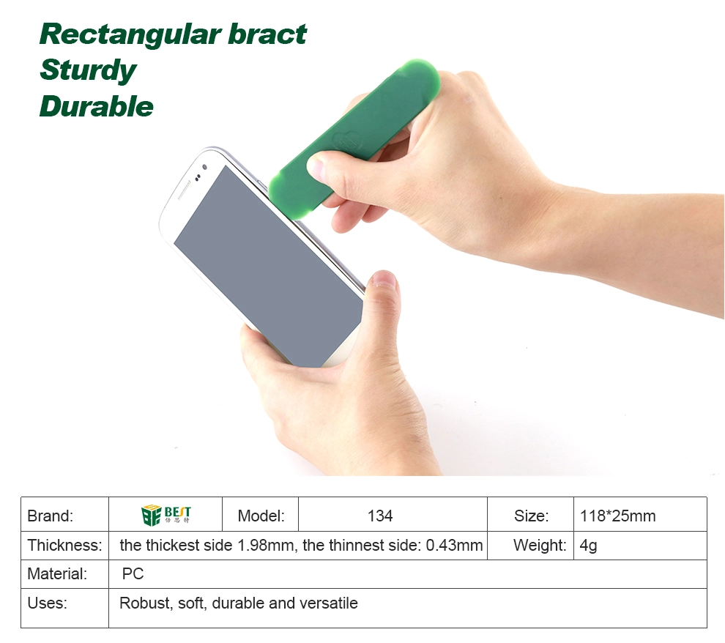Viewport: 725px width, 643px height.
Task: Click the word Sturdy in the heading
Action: tap(88, 70)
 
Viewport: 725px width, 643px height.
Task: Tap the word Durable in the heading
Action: tap(96, 106)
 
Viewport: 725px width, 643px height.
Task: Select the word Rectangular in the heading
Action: tap(130, 34)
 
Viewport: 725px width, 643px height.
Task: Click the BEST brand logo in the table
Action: tap(166, 515)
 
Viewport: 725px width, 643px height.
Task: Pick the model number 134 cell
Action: tap(380, 516)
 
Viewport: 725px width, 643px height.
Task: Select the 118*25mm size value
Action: tap(618, 516)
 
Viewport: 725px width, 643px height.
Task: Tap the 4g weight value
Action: tap(588, 546)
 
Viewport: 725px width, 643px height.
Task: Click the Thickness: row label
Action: tap(64, 545)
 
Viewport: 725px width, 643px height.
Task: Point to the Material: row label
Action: tap(57, 573)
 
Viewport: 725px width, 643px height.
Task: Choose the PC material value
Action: tap(133, 573)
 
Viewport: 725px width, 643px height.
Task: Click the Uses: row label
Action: tap(47, 603)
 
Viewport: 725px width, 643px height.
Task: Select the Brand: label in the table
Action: tap(50, 516)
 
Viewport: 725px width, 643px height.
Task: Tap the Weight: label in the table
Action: tap(540, 545)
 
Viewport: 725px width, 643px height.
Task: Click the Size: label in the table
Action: tap(531, 516)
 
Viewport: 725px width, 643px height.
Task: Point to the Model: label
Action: tap(261, 516)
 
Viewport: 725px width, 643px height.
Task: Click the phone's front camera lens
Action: tap(205, 167)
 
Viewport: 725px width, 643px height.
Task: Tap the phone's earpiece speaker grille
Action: tap(184, 190)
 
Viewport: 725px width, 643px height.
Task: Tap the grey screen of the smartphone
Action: tap(268, 267)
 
